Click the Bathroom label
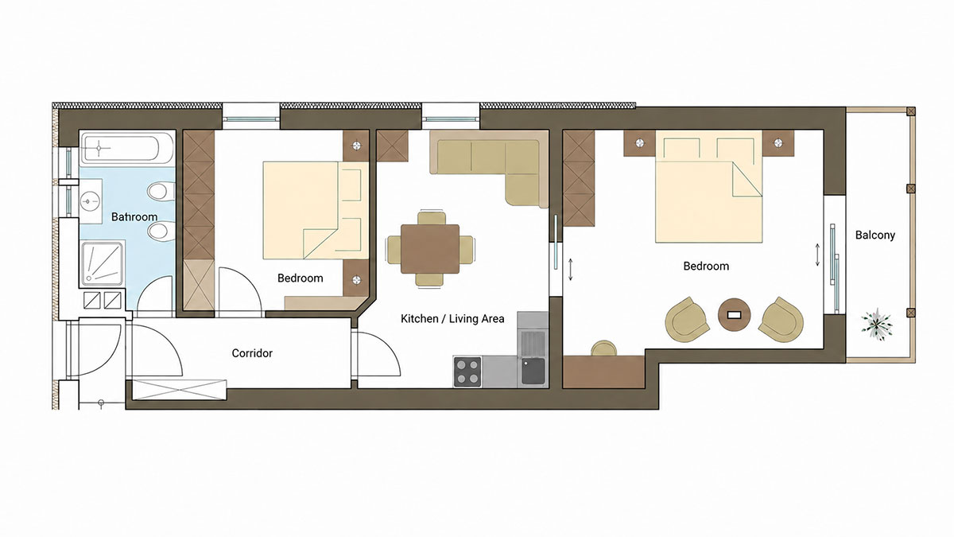point(134,217)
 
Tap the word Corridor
point(252,353)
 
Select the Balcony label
point(875,235)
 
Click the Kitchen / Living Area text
point(452,318)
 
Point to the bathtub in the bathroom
point(127,148)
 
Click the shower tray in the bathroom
point(103,263)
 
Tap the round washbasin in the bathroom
point(91,200)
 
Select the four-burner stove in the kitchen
point(467,372)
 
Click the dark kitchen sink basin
point(533,371)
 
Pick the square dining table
point(430,249)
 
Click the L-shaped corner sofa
point(489,169)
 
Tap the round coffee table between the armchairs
point(735,314)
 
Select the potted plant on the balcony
point(876,324)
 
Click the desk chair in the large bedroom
point(603,348)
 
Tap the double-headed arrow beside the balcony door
point(817,255)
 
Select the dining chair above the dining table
point(432,217)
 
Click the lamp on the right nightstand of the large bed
point(778,142)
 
